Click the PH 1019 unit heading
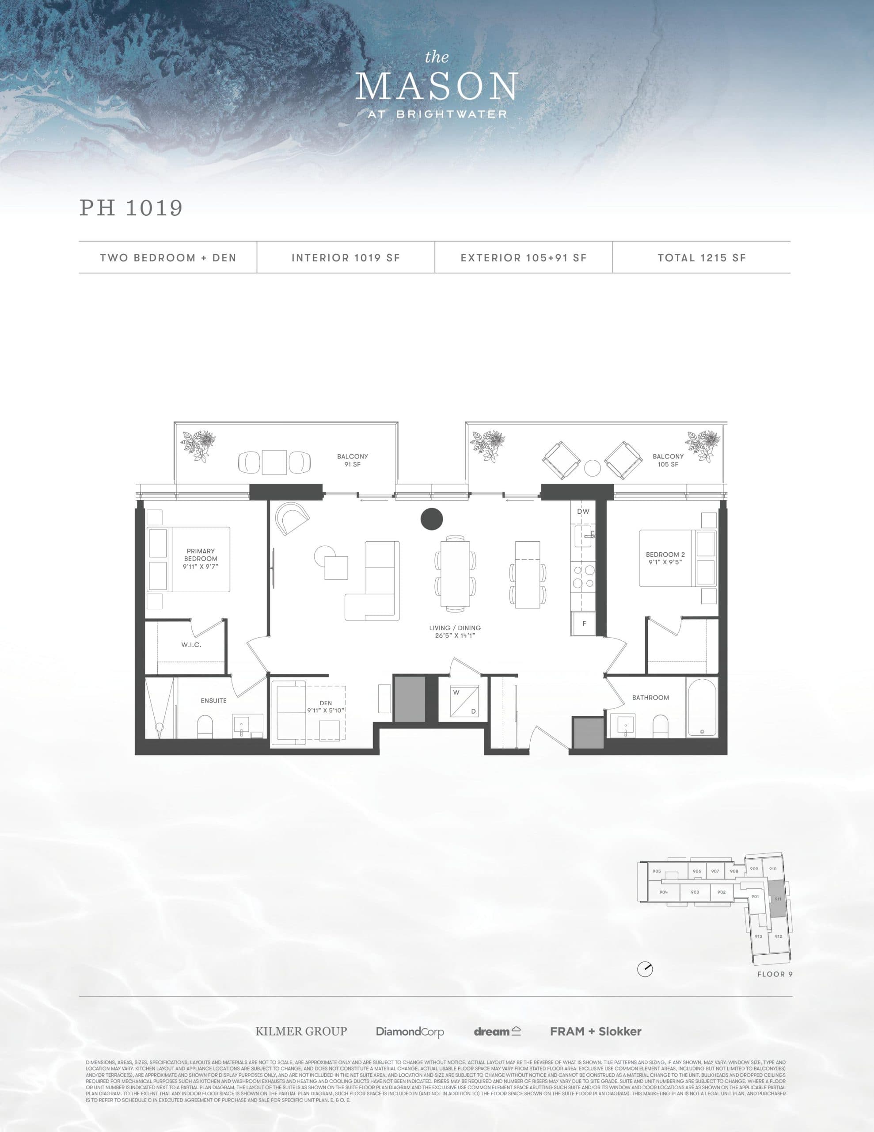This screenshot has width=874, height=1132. click(x=131, y=208)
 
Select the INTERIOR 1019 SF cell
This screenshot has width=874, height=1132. click(x=346, y=258)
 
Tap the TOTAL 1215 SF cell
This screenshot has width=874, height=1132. click(x=702, y=258)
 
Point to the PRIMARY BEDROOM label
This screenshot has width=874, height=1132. click(x=201, y=559)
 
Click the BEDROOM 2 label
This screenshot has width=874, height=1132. click(x=665, y=558)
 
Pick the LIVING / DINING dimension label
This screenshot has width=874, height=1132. click(x=455, y=631)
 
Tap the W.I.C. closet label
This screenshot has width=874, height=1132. click(x=191, y=645)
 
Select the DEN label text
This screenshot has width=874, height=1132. click(x=325, y=707)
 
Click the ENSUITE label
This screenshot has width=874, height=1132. click(x=213, y=701)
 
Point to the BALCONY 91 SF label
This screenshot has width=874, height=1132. click(x=352, y=460)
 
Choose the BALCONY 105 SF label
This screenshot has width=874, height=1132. click(x=668, y=460)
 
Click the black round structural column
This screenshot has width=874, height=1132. click(x=432, y=519)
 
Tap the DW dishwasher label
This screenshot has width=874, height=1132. click(x=583, y=512)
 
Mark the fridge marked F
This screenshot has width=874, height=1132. click(x=584, y=623)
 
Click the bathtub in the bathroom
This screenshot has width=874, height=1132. click(x=702, y=707)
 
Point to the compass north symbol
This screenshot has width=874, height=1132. click(x=645, y=969)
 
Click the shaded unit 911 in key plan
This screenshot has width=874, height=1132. click(x=777, y=899)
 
